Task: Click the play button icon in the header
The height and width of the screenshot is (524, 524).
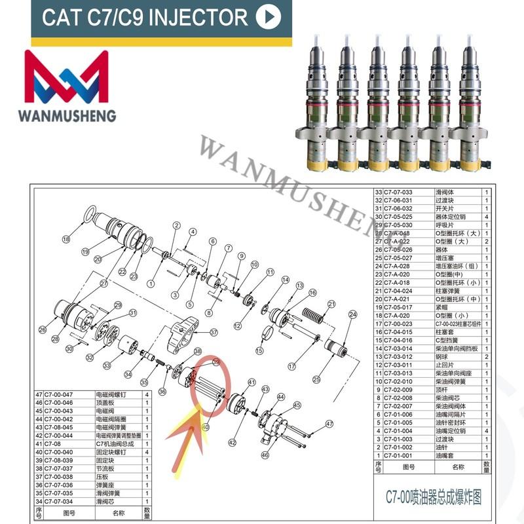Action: point(268,17)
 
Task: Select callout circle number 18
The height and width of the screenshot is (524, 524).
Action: point(65,240)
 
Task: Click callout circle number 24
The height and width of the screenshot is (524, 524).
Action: point(352,315)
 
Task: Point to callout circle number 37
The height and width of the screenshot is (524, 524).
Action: point(214,332)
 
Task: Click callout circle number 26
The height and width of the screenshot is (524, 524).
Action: point(43,329)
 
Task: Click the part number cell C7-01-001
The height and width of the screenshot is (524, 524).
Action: point(402,455)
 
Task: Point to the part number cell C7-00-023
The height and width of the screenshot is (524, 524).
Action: point(402,324)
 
